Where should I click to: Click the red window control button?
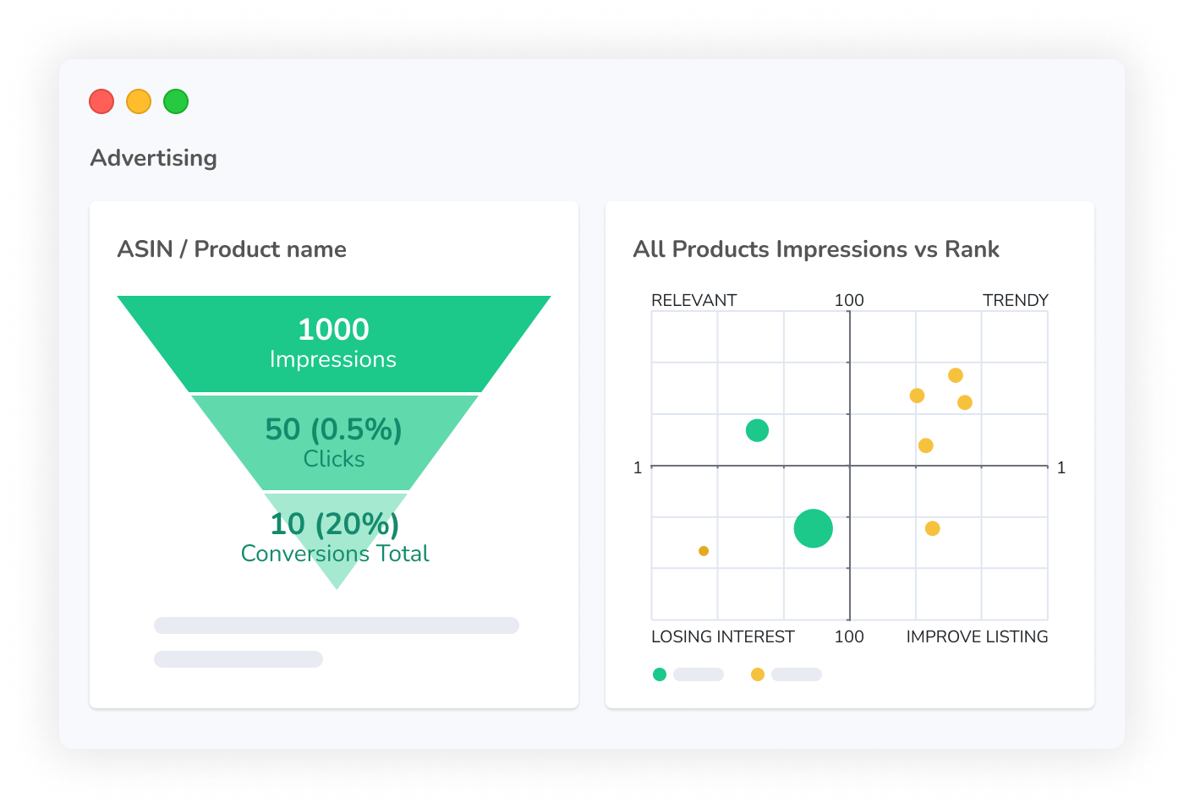point(101,101)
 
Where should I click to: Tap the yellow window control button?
point(139,101)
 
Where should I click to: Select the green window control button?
point(176,101)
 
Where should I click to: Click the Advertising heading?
point(153,158)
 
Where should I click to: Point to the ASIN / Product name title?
point(232,249)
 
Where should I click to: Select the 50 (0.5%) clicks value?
point(333,429)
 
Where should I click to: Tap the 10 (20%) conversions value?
point(335,524)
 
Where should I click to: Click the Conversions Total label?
point(335,554)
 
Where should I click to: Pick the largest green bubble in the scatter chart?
point(814,528)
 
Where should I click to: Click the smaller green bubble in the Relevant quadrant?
point(757,430)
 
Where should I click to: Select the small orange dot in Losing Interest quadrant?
point(704,551)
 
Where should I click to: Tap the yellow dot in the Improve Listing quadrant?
point(932,528)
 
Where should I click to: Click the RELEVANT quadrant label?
point(694,300)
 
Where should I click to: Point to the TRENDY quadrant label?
point(1016,300)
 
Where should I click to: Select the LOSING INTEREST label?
point(722,636)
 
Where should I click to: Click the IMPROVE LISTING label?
point(978,636)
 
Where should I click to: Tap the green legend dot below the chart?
point(660,674)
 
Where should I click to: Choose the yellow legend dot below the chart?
point(758,674)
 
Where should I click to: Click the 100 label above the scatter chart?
point(849,300)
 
